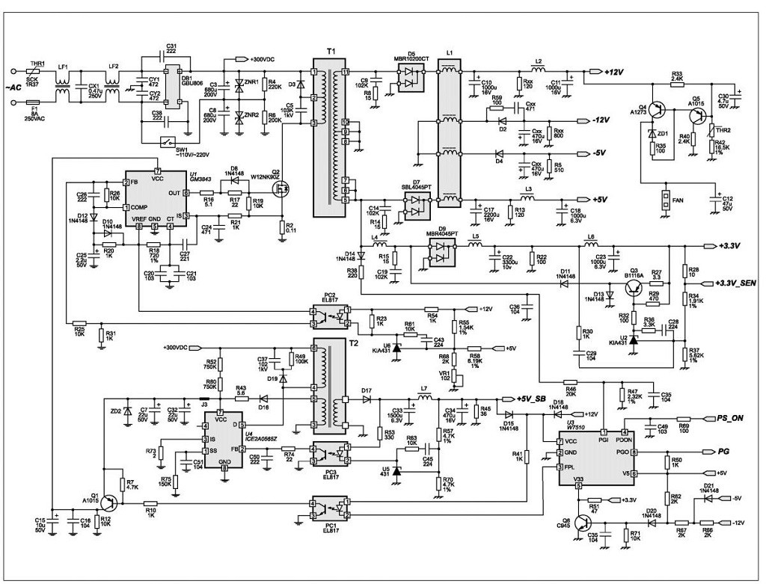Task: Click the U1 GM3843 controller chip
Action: (x=156, y=200)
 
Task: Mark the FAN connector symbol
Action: (x=664, y=200)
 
